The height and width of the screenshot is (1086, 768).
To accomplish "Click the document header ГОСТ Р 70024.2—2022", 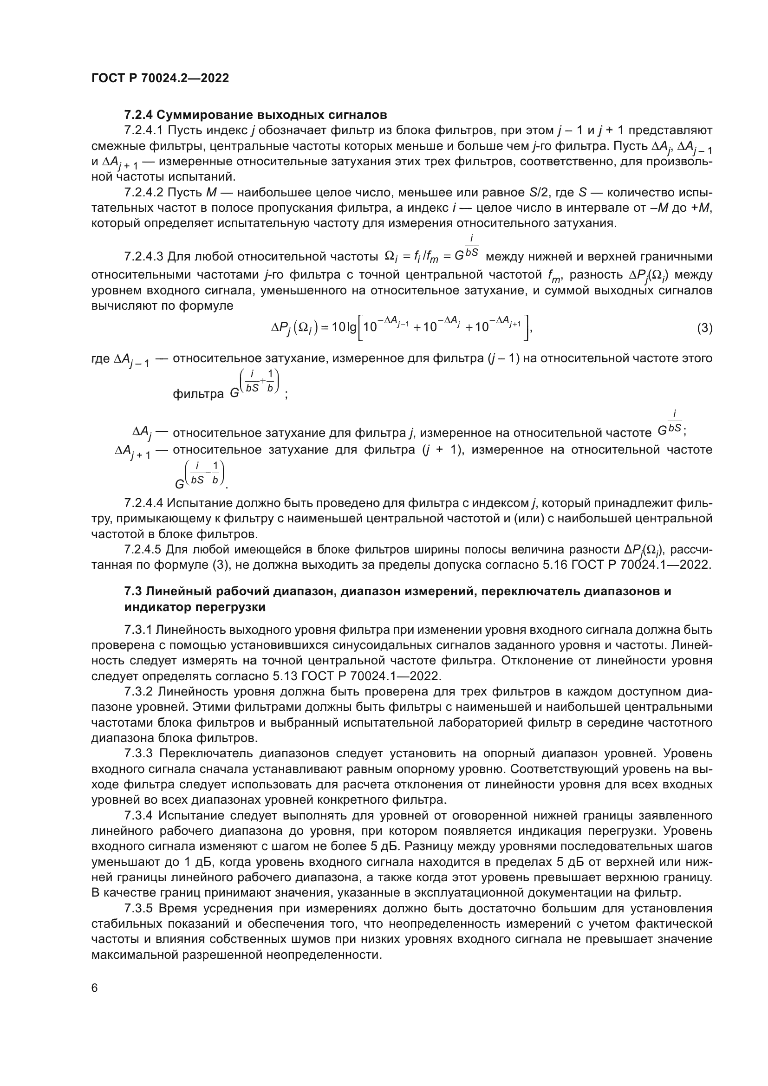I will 160,78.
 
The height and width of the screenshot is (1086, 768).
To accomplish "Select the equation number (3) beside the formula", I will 705,328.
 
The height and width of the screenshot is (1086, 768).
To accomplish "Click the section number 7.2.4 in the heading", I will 138,115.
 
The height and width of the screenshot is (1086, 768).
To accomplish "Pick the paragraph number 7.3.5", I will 138,908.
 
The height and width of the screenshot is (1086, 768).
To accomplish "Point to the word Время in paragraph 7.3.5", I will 176,908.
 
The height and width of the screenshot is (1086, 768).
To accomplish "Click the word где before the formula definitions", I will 100,358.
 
